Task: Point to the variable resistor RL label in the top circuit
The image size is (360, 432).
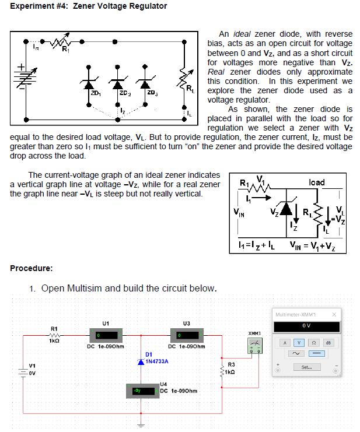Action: coord(190,89)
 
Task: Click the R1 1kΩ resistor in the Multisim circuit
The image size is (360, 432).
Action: coord(54,335)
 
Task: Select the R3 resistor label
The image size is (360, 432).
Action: coord(230,365)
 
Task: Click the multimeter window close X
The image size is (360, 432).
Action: coord(334,314)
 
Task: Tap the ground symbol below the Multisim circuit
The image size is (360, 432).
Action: coord(139,423)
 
